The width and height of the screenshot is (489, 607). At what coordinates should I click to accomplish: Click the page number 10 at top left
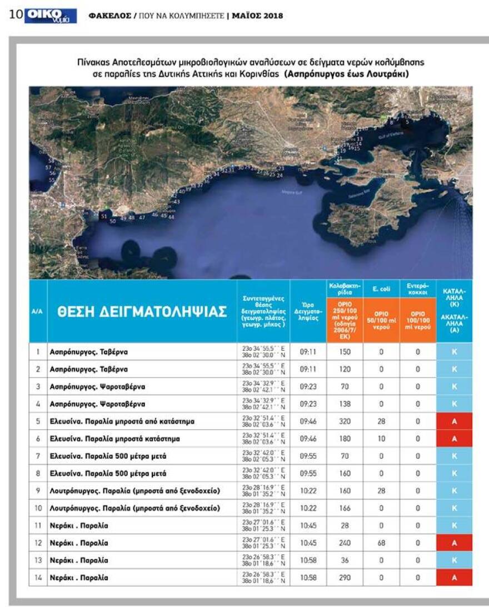pyautogui.click(x=16, y=15)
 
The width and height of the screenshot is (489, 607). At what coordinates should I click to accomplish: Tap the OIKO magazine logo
pyautogui.click(x=52, y=16)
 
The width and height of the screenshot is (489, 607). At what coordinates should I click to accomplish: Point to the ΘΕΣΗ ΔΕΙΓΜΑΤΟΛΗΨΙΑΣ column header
pyautogui.click(x=142, y=312)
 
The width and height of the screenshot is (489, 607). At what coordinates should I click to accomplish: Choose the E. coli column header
pyautogui.click(x=381, y=290)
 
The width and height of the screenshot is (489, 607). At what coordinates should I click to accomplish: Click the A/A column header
pyautogui.click(x=38, y=312)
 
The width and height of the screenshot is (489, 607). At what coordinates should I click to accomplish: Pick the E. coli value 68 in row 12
pyautogui.click(x=381, y=543)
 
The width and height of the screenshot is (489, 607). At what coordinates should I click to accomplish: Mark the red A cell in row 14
pyautogui.click(x=454, y=578)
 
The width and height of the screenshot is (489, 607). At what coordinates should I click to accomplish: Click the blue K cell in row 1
pyautogui.click(x=454, y=352)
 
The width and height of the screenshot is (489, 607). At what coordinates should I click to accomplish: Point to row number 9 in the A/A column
pyautogui.click(x=38, y=491)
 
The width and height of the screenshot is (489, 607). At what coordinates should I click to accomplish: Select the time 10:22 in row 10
pyautogui.click(x=308, y=508)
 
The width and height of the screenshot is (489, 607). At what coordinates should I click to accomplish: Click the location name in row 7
pyautogui.click(x=108, y=456)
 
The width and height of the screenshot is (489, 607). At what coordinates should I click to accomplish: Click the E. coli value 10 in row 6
pyautogui.click(x=381, y=439)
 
